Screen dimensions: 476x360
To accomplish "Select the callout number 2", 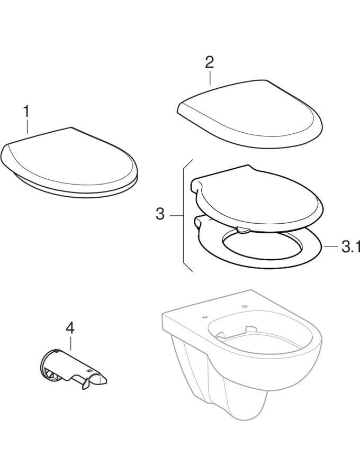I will [x=209, y=62].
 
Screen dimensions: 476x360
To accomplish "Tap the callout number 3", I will [x=160, y=215].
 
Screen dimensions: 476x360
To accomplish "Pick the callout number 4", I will [x=70, y=328].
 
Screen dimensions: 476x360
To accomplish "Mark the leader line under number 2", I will [x=210, y=78].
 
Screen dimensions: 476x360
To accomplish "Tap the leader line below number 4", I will [x=70, y=343].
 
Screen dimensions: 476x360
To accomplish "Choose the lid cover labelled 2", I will [x=249, y=114].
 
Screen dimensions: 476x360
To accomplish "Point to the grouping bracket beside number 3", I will [x=184, y=215].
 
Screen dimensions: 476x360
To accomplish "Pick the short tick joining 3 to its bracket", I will [x=176, y=215].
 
